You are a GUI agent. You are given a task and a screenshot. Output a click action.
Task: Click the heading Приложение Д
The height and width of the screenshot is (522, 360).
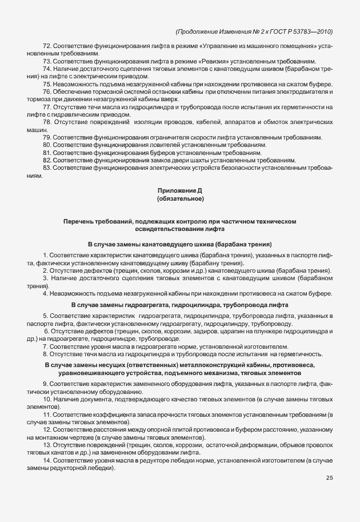[180, 190]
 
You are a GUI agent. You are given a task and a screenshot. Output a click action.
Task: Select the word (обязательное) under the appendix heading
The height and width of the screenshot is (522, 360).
[180, 198]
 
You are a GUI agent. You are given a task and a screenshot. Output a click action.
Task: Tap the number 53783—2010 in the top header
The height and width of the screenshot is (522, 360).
[313, 31]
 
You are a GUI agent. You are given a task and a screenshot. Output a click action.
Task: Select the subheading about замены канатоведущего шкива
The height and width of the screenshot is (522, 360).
[179, 244]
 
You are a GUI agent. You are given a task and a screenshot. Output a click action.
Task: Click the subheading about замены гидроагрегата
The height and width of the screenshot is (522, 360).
[179, 305]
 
